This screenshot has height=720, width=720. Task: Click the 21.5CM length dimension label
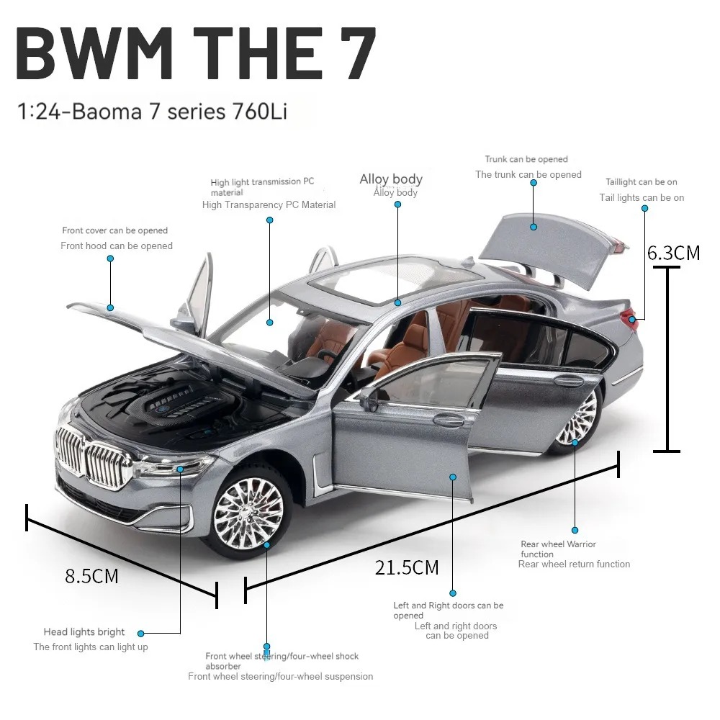(x=407, y=567)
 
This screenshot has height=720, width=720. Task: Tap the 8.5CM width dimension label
(x=92, y=576)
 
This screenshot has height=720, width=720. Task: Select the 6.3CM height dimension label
(x=674, y=253)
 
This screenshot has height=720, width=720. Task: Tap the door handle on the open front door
(x=448, y=419)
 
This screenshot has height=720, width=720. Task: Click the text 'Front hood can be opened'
(x=117, y=246)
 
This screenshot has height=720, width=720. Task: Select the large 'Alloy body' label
(x=391, y=179)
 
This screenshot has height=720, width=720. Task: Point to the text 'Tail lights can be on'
(x=642, y=197)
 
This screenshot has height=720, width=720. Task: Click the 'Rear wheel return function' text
(x=574, y=564)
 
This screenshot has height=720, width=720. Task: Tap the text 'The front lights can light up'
(x=91, y=647)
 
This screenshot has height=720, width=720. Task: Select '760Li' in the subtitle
(x=260, y=112)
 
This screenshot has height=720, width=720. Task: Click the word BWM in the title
(x=94, y=53)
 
